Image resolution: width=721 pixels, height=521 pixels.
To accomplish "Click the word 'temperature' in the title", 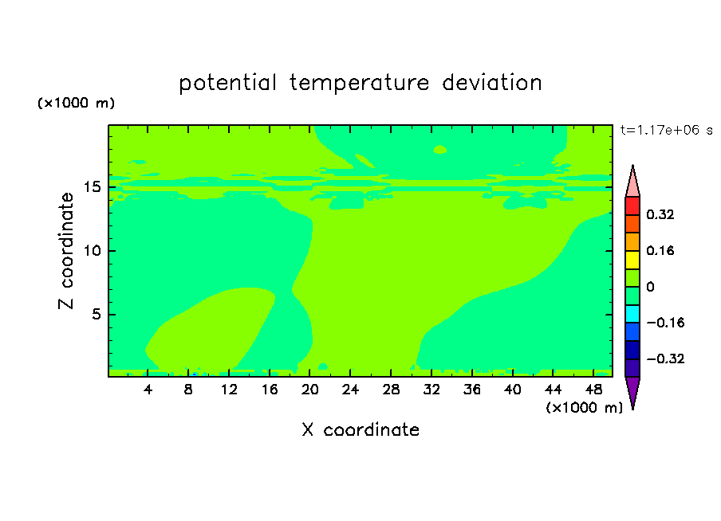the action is click(359, 83).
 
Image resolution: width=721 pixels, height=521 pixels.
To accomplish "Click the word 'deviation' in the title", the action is click(492, 83).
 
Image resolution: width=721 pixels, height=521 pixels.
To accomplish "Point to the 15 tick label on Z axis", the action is click(93, 187).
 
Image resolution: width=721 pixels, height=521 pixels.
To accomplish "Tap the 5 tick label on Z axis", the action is click(97, 314).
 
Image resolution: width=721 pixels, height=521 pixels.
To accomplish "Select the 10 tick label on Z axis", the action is click(93, 251).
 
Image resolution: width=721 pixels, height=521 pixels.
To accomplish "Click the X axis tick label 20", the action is click(310, 390).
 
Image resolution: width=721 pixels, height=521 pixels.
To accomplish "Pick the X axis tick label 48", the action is click(593, 390).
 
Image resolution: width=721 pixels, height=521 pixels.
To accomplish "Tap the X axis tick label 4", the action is click(148, 390).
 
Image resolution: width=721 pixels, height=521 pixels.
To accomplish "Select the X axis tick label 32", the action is click(431, 390).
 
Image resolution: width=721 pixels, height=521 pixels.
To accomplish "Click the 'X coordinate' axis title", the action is click(360, 429).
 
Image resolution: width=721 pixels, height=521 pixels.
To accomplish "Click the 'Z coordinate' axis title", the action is click(66, 251).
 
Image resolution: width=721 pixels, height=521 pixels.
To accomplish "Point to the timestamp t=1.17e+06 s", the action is click(666, 131).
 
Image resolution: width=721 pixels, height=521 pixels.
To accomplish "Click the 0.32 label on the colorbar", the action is click(660, 214).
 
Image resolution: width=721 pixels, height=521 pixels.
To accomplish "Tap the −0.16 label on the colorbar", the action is click(665, 323).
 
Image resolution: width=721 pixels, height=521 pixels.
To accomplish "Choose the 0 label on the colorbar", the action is click(650, 287).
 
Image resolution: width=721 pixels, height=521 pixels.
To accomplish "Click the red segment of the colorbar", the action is click(632, 206).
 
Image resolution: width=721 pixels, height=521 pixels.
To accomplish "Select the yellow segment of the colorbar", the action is click(632, 260).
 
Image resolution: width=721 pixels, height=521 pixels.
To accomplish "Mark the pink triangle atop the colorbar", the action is click(632, 182).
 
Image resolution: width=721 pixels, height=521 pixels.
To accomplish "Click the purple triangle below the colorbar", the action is click(632, 391).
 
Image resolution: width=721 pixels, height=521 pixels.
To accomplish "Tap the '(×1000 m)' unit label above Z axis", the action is click(76, 103).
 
